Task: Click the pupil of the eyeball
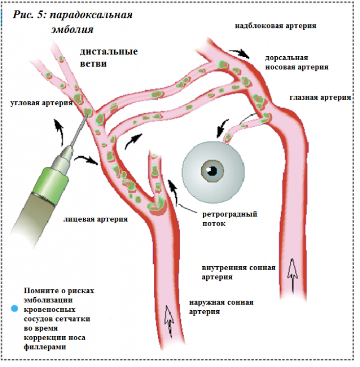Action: (213, 171)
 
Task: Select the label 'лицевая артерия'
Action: (96, 219)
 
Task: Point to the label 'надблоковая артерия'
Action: (275, 25)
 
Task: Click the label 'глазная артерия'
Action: (320, 97)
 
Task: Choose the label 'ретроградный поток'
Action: (229, 219)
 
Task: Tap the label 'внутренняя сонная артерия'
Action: (239, 273)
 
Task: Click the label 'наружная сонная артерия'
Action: (221, 306)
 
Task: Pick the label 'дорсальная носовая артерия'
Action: (296, 62)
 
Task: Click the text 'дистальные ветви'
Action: (109, 57)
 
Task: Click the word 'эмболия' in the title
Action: (72, 29)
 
